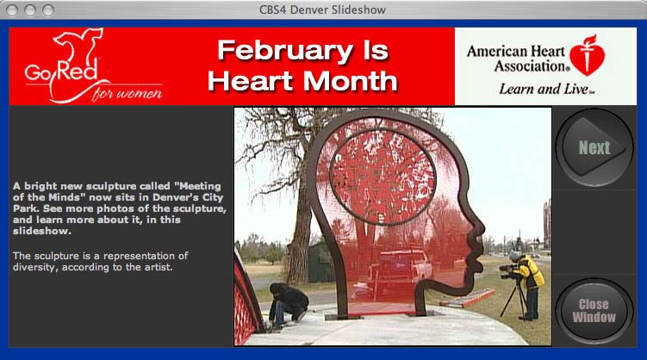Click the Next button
tap(594, 147)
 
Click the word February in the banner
tap(285, 51)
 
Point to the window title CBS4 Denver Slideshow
tap(322, 9)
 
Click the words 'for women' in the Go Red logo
tap(128, 94)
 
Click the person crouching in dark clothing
tap(288, 304)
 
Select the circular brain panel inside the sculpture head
tap(383, 177)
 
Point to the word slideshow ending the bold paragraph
tap(41, 231)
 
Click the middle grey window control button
tap(30, 9)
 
